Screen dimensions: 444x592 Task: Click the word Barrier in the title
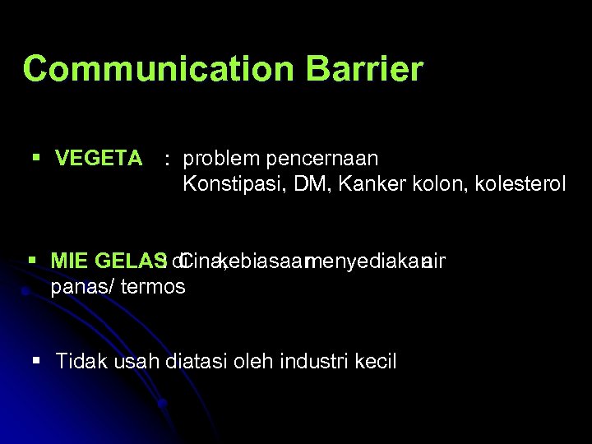364,69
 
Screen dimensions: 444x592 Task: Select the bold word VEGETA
99,159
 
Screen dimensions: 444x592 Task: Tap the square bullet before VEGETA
35,157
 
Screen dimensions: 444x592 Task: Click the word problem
220,159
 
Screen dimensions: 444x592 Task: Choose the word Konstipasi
228,184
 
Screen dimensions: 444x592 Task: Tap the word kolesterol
520,184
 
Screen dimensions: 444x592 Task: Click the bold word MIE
70,261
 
